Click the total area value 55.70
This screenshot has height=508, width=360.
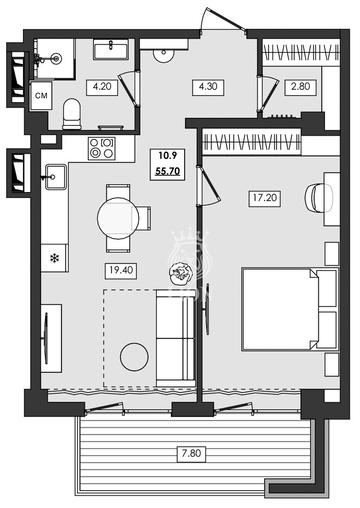[x=167, y=171]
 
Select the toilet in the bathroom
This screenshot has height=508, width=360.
[x=72, y=113]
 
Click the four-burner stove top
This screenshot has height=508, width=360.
[x=102, y=148]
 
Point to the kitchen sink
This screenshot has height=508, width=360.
[x=55, y=176]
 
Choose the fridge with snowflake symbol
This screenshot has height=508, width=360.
[x=54, y=258]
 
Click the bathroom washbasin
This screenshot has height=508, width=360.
[x=110, y=50]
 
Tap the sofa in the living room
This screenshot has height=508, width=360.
[x=175, y=338]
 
